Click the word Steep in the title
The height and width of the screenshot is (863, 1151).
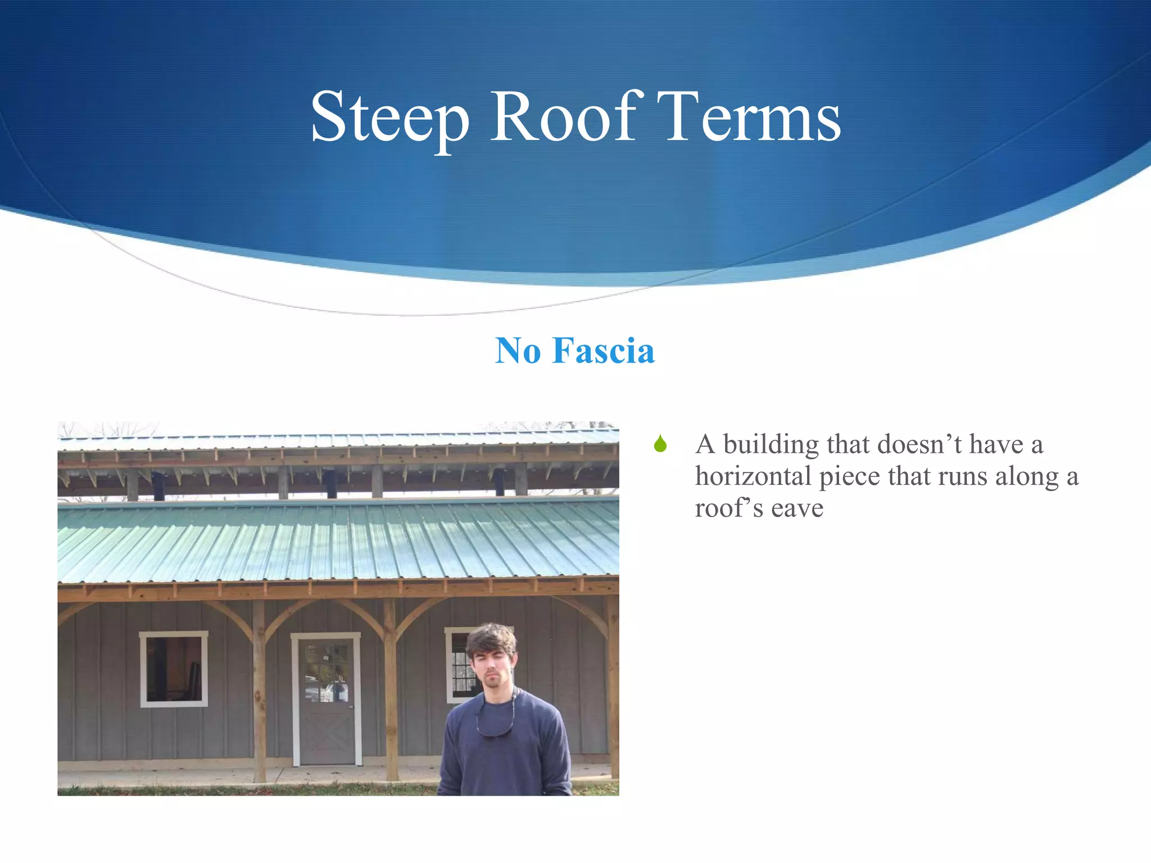click(389, 119)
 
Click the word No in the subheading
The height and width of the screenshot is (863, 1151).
click(518, 351)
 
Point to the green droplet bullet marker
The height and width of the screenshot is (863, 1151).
click(660, 444)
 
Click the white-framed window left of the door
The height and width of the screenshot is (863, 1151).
click(174, 669)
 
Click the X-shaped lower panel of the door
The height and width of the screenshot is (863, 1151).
click(327, 735)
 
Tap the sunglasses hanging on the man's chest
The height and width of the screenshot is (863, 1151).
click(495, 730)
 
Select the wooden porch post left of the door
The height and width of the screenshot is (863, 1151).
click(259, 691)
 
